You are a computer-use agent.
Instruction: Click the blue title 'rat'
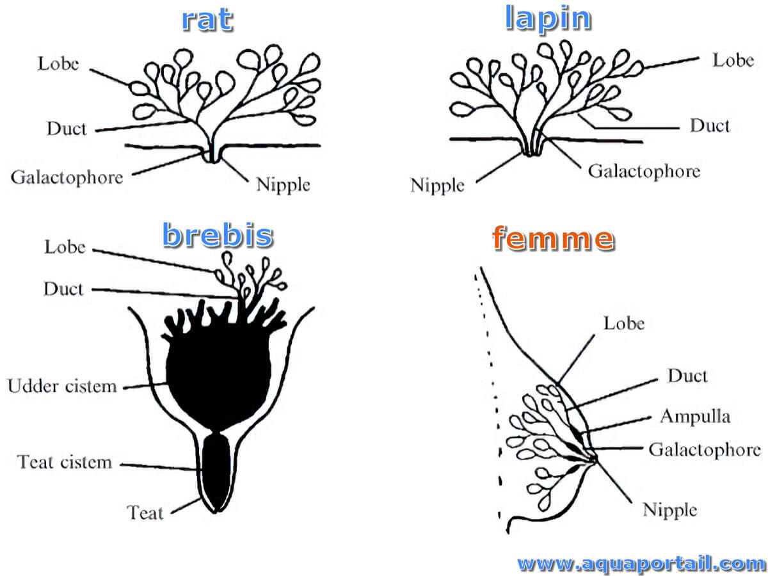[207, 19]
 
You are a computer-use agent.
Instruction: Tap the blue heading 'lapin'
[548, 19]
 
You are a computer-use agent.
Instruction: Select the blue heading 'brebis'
[217, 235]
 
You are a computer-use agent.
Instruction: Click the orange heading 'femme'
[553, 238]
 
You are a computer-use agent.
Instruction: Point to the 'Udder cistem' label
[62, 386]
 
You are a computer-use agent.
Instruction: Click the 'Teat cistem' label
[65, 461]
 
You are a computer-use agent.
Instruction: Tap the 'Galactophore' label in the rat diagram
[67, 178]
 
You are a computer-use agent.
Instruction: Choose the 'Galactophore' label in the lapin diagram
[644, 172]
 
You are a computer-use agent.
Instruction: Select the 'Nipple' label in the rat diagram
[283, 185]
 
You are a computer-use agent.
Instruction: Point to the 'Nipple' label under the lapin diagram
[437, 186]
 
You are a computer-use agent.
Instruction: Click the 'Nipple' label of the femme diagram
[670, 510]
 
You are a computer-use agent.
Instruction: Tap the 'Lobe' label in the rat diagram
[58, 64]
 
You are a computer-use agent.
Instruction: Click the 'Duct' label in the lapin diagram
[710, 125]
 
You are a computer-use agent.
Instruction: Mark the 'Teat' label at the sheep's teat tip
[145, 513]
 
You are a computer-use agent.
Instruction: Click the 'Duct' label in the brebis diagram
[63, 289]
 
